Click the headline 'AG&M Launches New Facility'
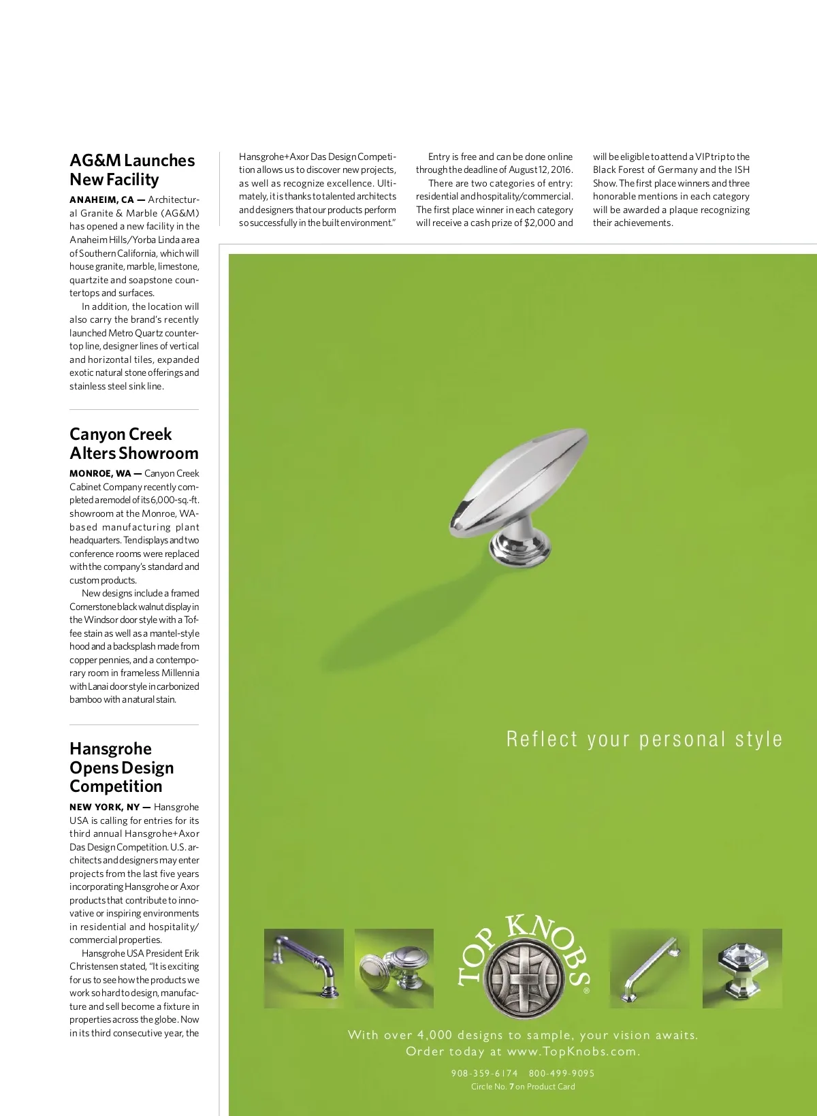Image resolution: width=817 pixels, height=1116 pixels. [x=132, y=170]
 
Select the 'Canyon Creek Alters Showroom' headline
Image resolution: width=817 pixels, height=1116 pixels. [x=133, y=443]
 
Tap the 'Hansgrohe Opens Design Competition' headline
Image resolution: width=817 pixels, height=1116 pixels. [x=121, y=767]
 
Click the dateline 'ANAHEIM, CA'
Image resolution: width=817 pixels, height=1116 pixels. [x=101, y=200]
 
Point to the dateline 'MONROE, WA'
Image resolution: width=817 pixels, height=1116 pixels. [x=100, y=473]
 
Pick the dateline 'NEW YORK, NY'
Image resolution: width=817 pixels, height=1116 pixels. [x=104, y=807]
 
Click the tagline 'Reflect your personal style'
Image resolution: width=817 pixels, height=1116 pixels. [x=644, y=739]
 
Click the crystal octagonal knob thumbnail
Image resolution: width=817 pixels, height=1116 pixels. [x=742, y=968]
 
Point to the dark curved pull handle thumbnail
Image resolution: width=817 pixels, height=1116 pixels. [x=304, y=968]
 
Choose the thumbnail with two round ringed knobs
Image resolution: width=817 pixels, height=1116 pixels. [x=394, y=968]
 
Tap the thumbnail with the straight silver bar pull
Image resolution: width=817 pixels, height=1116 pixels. [x=649, y=968]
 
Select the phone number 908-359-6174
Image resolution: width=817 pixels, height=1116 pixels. [x=484, y=1073]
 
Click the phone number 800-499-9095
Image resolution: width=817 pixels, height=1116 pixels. [x=562, y=1073]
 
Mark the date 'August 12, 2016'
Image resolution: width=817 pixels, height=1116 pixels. [x=541, y=170]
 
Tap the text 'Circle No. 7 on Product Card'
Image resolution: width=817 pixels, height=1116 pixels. [x=523, y=1086]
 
